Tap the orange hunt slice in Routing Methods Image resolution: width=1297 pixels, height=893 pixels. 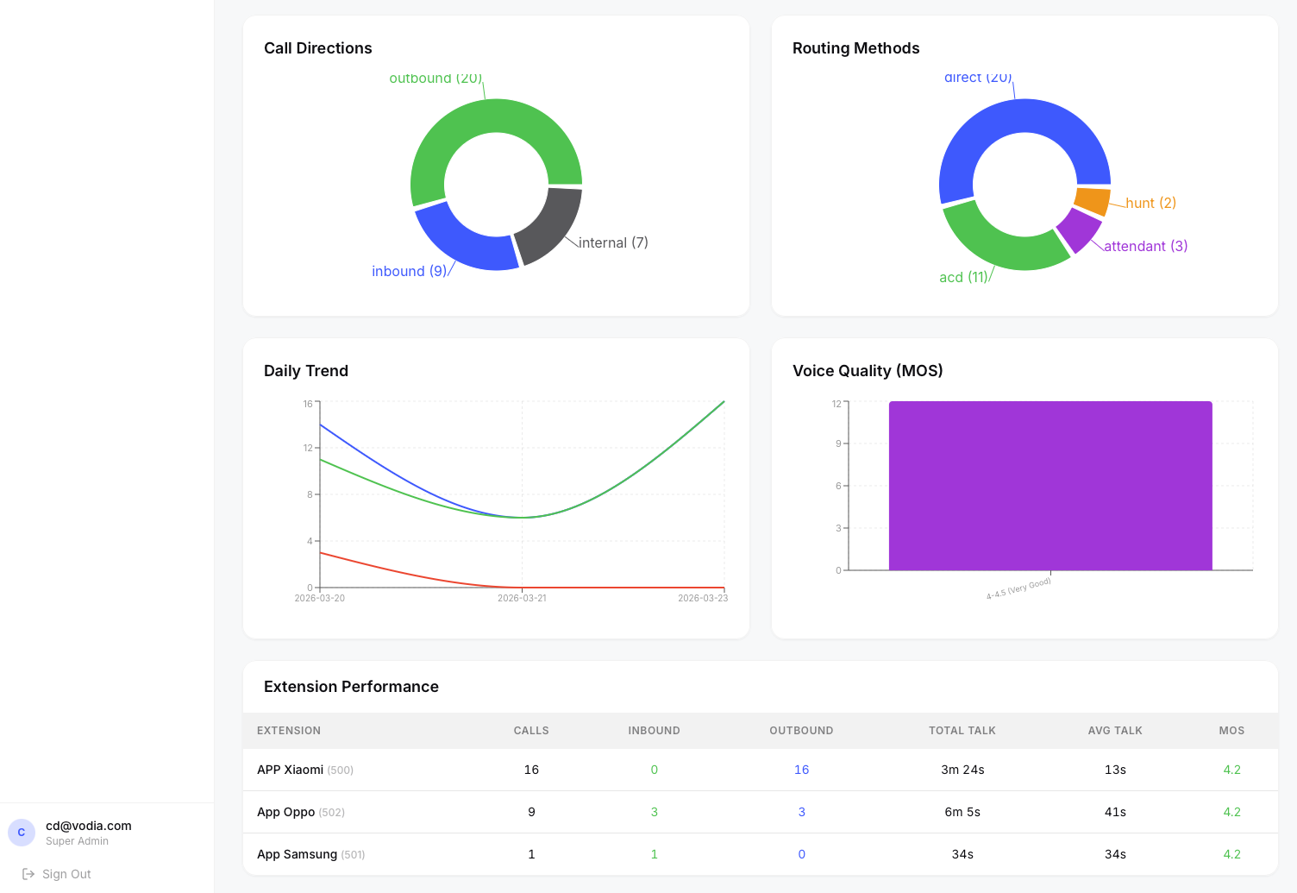(x=1093, y=200)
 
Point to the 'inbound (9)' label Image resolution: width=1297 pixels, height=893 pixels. (x=409, y=271)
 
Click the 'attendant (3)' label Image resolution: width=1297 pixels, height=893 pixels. (x=1145, y=246)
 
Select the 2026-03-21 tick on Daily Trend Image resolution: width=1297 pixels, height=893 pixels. (x=522, y=598)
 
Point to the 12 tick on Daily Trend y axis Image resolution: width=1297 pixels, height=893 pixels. (x=308, y=448)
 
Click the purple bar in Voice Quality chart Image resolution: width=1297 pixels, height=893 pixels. (x=1050, y=486)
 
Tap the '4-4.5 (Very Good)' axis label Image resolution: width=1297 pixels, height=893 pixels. (x=1018, y=589)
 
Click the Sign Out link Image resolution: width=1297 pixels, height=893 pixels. (x=66, y=874)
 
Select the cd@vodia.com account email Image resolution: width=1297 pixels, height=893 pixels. (x=89, y=826)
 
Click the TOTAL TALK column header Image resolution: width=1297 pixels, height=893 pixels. (x=962, y=731)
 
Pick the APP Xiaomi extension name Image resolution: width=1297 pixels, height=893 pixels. (x=290, y=770)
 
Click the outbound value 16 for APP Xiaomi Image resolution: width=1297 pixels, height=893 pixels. (x=801, y=770)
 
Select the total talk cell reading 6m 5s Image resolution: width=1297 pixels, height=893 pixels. (x=962, y=812)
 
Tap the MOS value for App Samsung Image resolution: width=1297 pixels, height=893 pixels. (x=1231, y=854)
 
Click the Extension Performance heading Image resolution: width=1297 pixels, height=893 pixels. (x=351, y=687)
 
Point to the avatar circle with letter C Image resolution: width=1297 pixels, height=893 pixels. (x=22, y=833)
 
